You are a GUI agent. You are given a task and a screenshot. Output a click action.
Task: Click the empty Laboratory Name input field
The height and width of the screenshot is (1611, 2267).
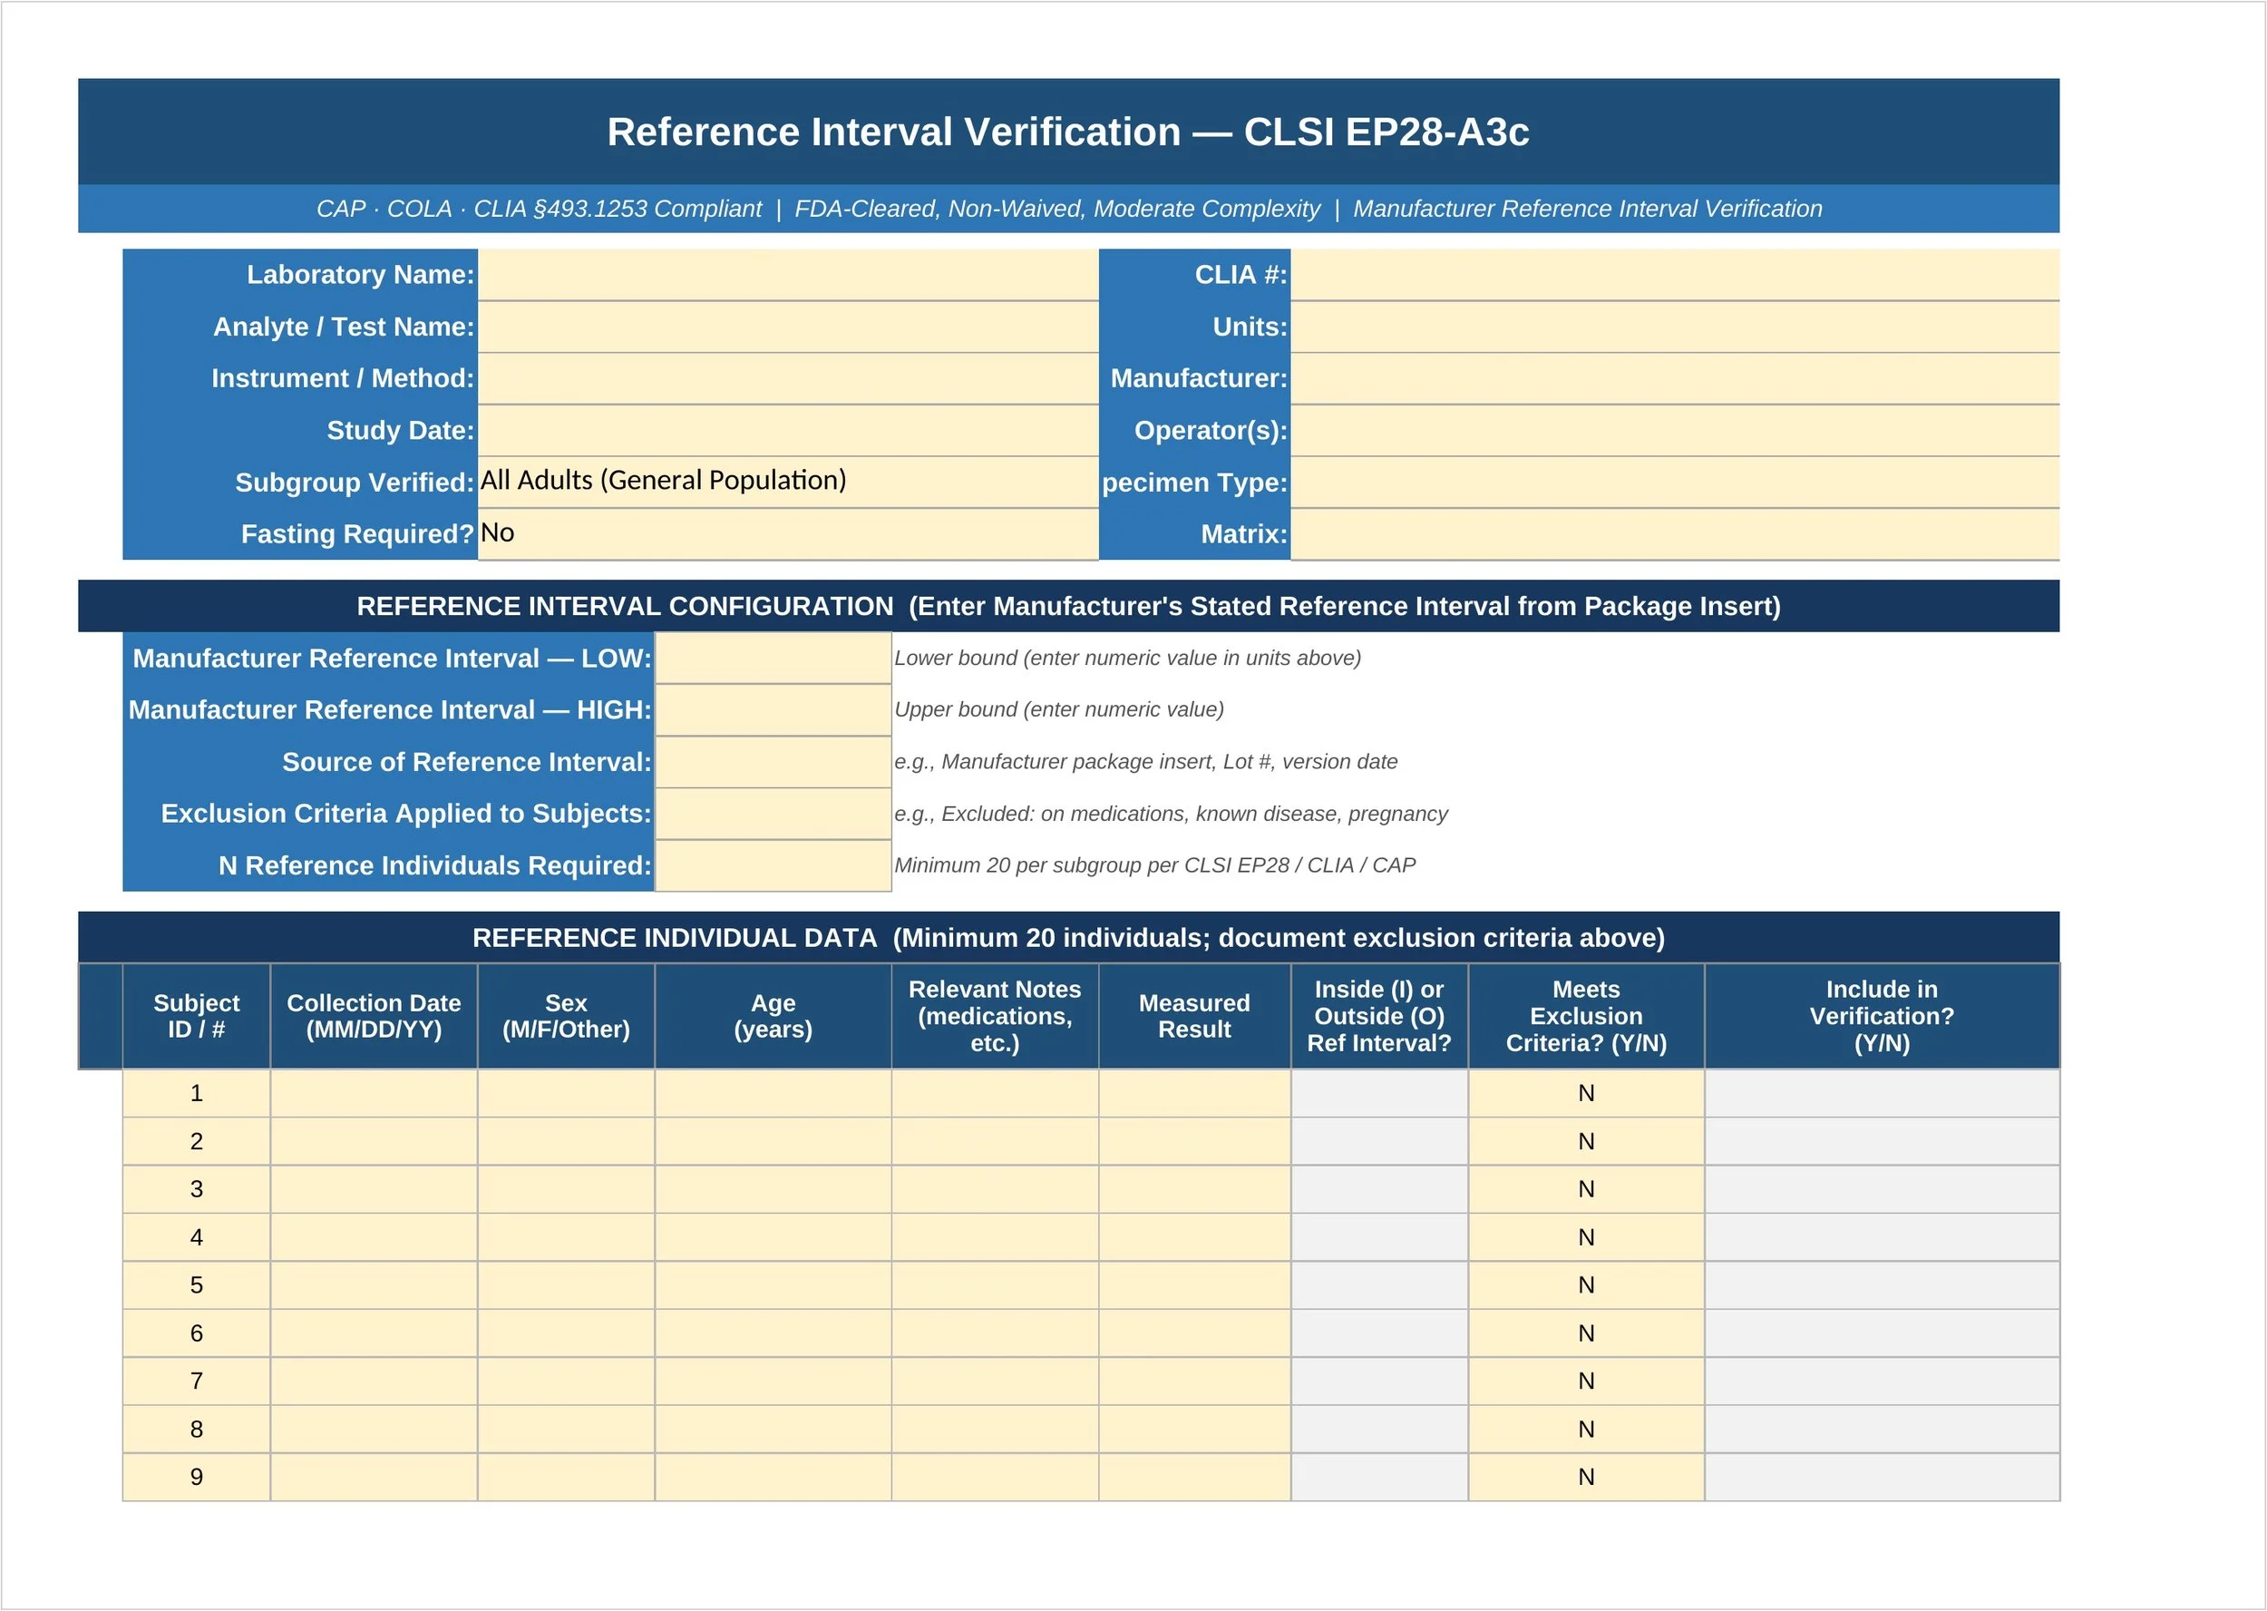787,275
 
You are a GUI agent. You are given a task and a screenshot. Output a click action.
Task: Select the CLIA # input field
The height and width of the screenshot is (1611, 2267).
1674,275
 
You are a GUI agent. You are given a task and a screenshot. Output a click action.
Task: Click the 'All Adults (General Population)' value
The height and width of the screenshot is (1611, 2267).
663,480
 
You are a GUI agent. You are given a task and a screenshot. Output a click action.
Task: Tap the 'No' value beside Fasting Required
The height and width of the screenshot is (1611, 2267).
497,532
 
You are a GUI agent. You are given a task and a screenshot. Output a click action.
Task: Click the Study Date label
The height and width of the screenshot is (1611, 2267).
400,431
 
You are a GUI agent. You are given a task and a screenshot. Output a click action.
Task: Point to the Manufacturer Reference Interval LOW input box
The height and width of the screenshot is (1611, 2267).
773,658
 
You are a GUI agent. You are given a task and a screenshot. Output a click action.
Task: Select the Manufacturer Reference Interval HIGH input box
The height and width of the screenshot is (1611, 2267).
773,709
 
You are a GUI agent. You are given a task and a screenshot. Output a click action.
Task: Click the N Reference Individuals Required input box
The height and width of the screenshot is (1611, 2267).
773,865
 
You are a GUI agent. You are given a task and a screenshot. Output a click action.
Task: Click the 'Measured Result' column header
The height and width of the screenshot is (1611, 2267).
1194,1016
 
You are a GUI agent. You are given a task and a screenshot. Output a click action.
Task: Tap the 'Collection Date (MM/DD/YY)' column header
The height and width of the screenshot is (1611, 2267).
374,1016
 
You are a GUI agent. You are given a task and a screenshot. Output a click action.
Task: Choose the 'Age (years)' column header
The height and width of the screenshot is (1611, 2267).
773,1016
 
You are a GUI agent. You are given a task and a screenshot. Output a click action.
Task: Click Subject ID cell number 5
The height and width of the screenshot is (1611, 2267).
197,1284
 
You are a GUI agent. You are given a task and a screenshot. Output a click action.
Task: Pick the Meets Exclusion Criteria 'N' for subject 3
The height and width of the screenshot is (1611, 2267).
1586,1188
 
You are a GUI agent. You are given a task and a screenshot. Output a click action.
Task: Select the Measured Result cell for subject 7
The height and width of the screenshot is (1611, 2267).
1194,1381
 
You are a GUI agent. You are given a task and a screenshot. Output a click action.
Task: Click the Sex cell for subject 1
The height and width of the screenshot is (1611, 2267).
565,1093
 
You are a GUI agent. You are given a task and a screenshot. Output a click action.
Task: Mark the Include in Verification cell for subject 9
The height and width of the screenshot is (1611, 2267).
1882,1477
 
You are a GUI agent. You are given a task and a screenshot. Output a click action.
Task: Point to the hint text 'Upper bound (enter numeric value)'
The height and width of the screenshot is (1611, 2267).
1058,709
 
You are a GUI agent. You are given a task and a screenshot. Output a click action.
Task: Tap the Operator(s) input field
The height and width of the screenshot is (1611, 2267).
1674,431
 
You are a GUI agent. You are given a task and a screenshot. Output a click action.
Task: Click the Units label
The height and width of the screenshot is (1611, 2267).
1249,327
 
